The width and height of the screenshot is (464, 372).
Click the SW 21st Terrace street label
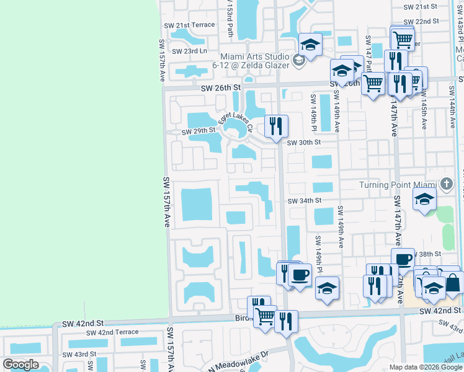[x=190, y=25]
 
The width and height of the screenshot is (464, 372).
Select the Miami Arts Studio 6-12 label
[x=258, y=61]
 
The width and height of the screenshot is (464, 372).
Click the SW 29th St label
[x=199, y=131]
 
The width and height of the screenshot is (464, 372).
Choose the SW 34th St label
[x=305, y=200]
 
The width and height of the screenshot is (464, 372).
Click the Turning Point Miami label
[x=398, y=185]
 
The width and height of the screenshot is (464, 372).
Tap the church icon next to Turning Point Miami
[x=446, y=184]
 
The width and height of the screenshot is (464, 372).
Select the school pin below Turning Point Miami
[x=425, y=200]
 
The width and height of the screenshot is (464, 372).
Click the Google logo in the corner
[x=20, y=365]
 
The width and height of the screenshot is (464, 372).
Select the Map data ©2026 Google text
[x=426, y=368]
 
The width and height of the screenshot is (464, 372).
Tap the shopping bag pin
[x=453, y=283]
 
